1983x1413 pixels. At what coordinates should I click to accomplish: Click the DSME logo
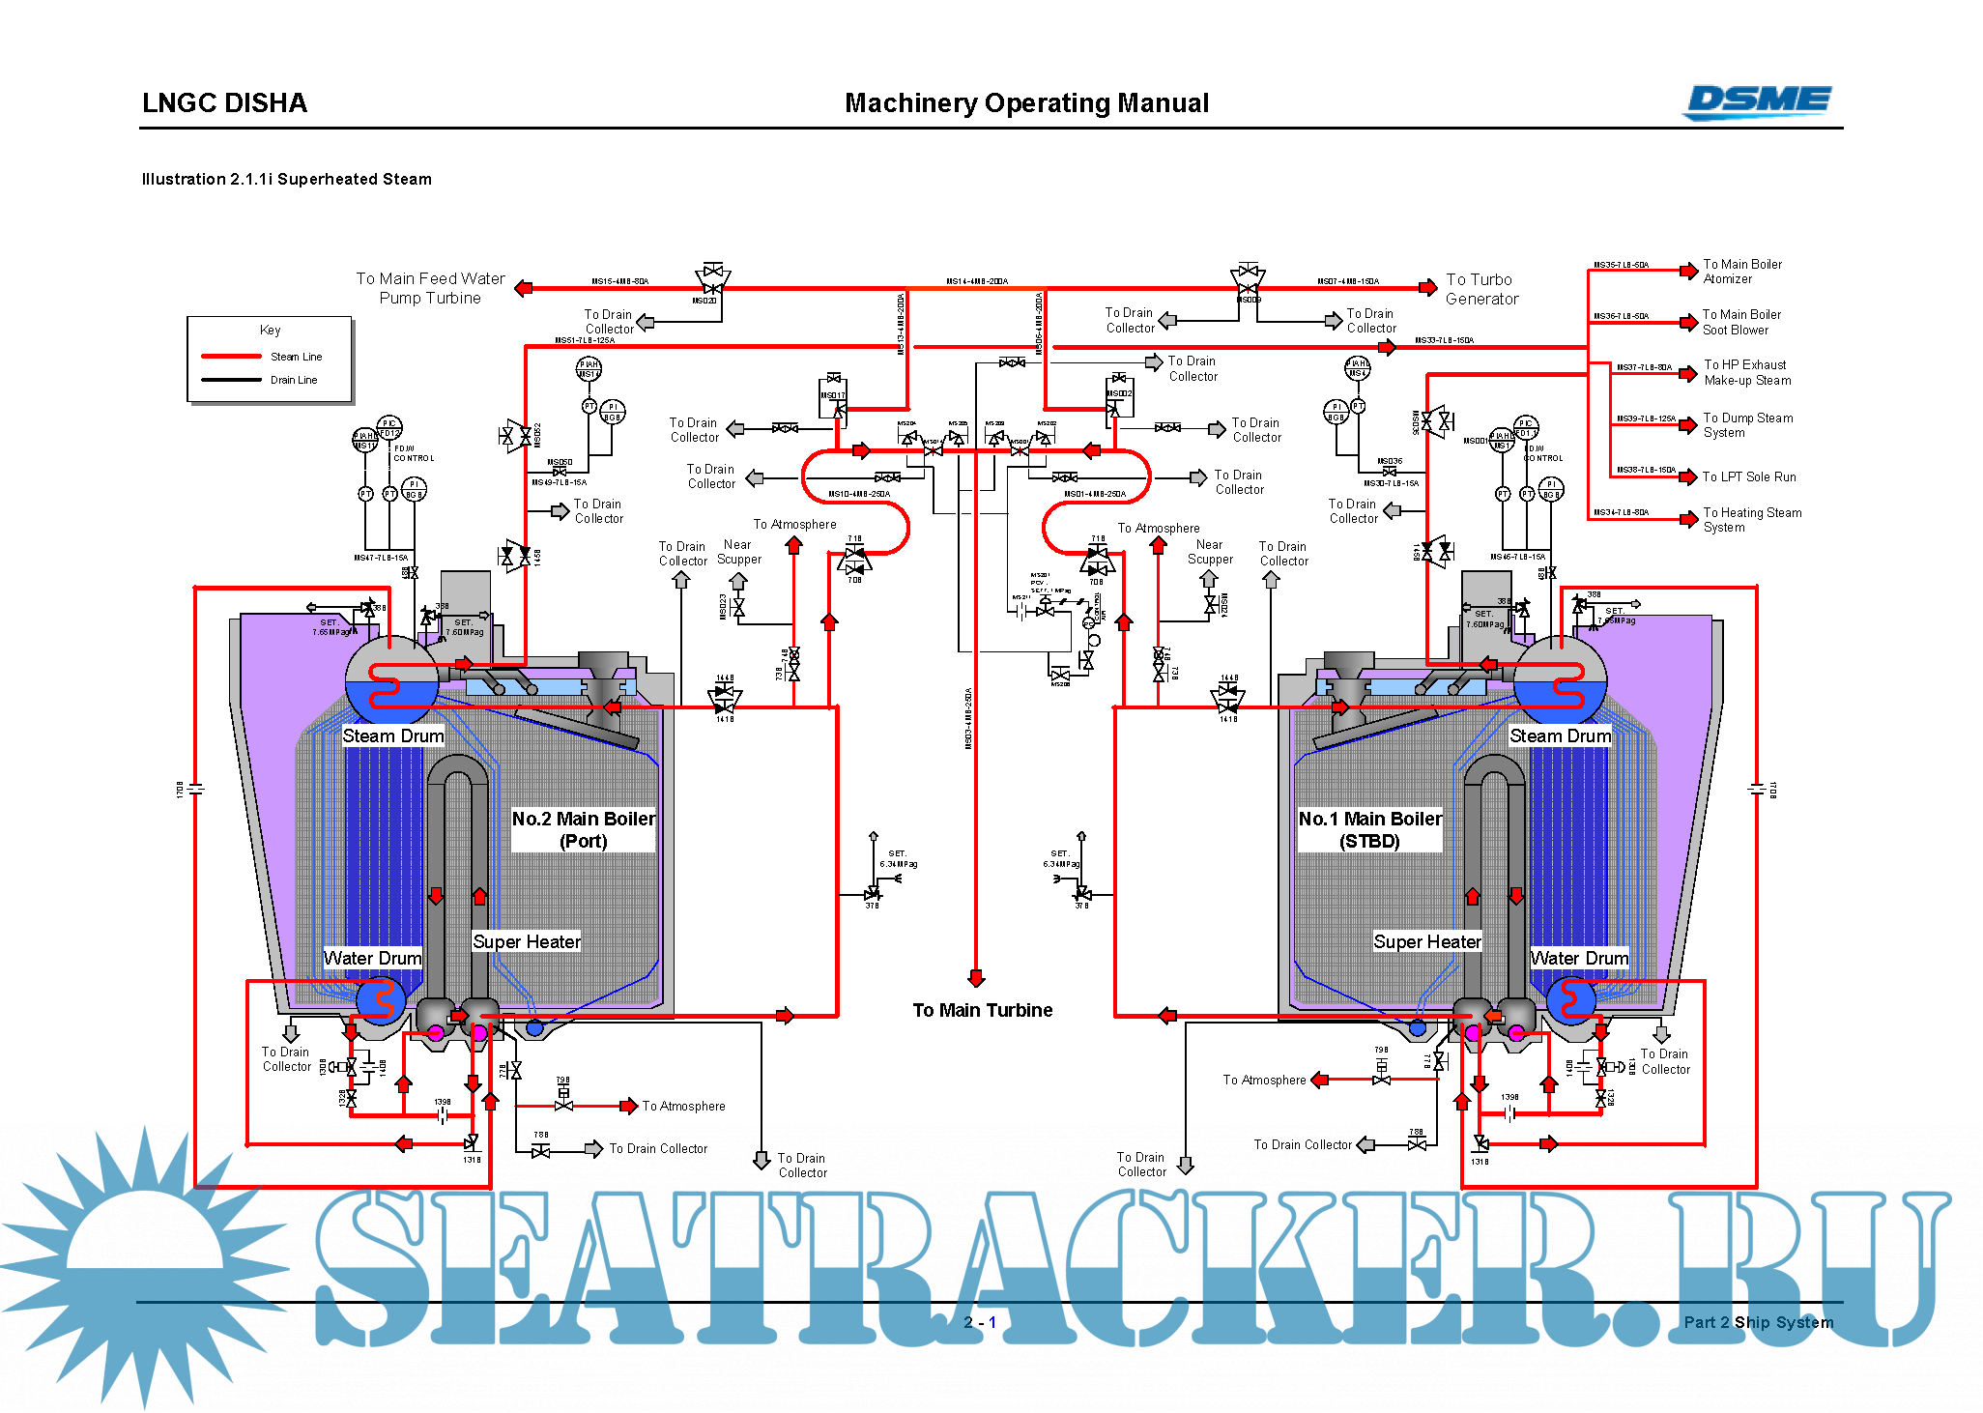point(1757,101)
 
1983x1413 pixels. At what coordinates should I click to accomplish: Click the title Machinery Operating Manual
point(1026,103)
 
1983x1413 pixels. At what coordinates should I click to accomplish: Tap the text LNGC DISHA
point(224,103)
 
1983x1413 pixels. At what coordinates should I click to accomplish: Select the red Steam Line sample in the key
point(231,357)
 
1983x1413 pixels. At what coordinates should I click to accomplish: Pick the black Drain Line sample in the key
point(231,380)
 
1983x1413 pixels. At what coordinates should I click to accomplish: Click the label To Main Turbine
point(982,1010)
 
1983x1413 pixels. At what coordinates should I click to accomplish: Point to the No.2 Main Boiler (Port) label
point(583,829)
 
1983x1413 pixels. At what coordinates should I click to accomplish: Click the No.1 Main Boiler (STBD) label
point(1369,829)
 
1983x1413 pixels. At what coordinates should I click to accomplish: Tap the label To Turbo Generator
point(1480,289)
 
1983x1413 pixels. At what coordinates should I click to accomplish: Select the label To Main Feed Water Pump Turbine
point(430,288)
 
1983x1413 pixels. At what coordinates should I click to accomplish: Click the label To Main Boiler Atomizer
point(1741,272)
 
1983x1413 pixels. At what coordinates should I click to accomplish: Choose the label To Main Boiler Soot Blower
point(1741,322)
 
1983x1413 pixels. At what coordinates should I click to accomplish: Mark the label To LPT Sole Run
point(1748,476)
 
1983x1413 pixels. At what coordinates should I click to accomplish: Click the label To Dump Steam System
point(1747,425)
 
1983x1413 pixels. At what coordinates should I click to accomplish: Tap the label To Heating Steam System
point(1751,520)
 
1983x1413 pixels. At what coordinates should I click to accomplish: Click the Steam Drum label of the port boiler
point(393,735)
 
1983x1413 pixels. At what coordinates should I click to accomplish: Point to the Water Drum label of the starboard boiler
point(1579,958)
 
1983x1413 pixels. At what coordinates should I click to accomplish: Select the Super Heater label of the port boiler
point(526,941)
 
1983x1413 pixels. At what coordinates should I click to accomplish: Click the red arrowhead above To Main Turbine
point(976,977)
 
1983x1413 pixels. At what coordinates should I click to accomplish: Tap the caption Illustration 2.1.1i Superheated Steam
point(286,179)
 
